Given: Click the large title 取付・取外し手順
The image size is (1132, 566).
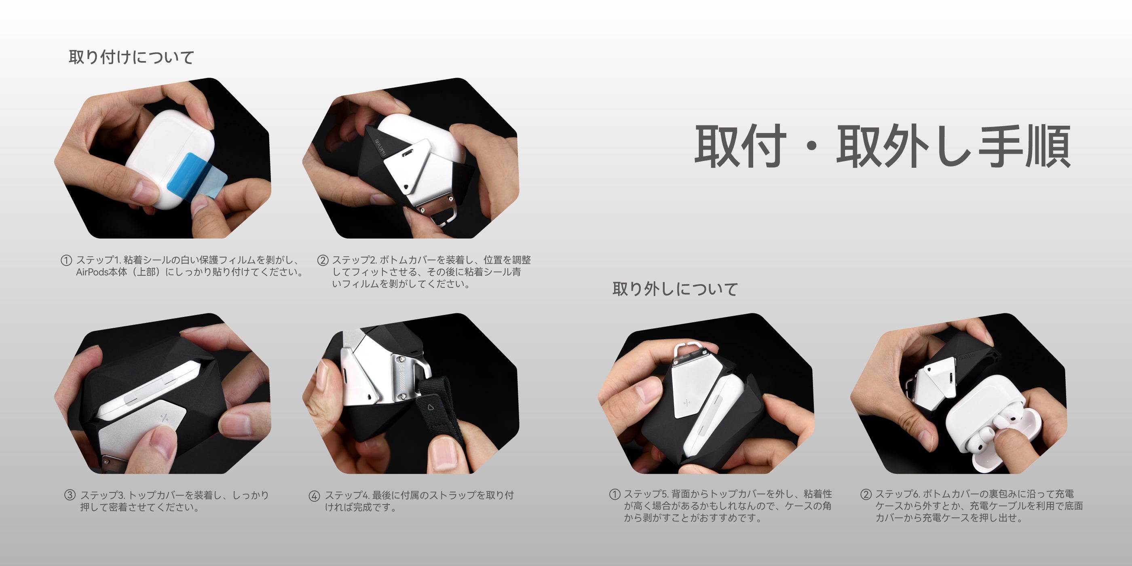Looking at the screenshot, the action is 883,146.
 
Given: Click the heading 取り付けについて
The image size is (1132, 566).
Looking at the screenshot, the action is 131,57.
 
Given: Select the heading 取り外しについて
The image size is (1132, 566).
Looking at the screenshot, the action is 675,289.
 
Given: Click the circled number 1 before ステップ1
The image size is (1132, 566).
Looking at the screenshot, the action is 66,260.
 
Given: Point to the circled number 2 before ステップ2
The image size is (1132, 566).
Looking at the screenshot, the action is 323,260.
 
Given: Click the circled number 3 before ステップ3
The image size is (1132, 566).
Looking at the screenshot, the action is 70,495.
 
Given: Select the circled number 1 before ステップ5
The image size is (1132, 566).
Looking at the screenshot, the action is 615,494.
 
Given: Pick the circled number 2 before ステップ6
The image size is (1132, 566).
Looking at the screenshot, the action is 866,494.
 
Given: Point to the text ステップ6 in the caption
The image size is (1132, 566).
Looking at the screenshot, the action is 898,494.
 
